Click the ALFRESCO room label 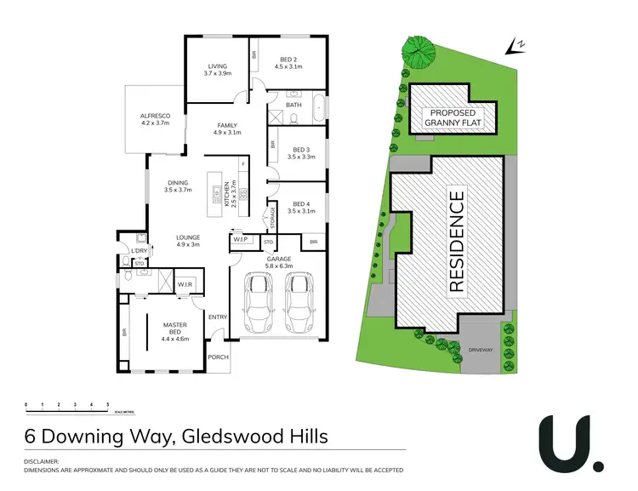[x=155, y=118]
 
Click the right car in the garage [x=299, y=305]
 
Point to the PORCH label [x=219, y=357]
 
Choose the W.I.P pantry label [x=241, y=241]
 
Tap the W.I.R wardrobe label [x=185, y=283]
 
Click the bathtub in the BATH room [x=319, y=107]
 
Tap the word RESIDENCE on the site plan [x=455, y=242]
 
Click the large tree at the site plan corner [x=418, y=52]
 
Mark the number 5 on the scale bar [x=107, y=404]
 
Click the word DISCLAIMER [x=43, y=461]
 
